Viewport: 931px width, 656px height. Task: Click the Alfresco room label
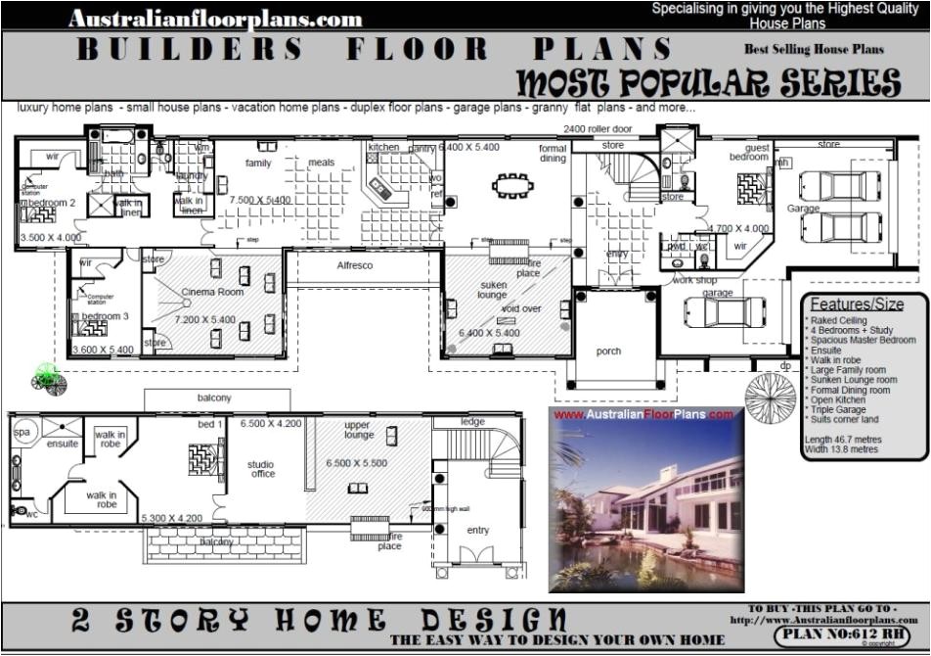pyautogui.click(x=355, y=265)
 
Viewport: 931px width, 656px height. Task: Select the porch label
pyautogui.click(x=608, y=351)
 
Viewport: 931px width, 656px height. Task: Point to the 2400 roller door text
pyautogui.click(x=598, y=129)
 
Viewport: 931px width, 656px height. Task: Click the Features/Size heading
pyautogui.click(x=857, y=304)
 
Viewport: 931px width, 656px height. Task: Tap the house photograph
pyautogui.click(x=644, y=499)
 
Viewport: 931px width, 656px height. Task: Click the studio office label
pyautogui.click(x=261, y=469)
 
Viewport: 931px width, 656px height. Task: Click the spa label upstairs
pyautogui.click(x=21, y=431)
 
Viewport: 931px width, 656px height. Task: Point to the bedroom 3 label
pyautogui.click(x=104, y=316)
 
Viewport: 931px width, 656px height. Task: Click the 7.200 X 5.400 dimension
pyautogui.click(x=205, y=320)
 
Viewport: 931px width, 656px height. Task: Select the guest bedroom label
pyautogui.click(x=749, y=153)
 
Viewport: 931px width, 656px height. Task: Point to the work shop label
pyautogui.click(x=693, y=280)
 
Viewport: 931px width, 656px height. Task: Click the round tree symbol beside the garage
pyautogui.click(x=770, y=397)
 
